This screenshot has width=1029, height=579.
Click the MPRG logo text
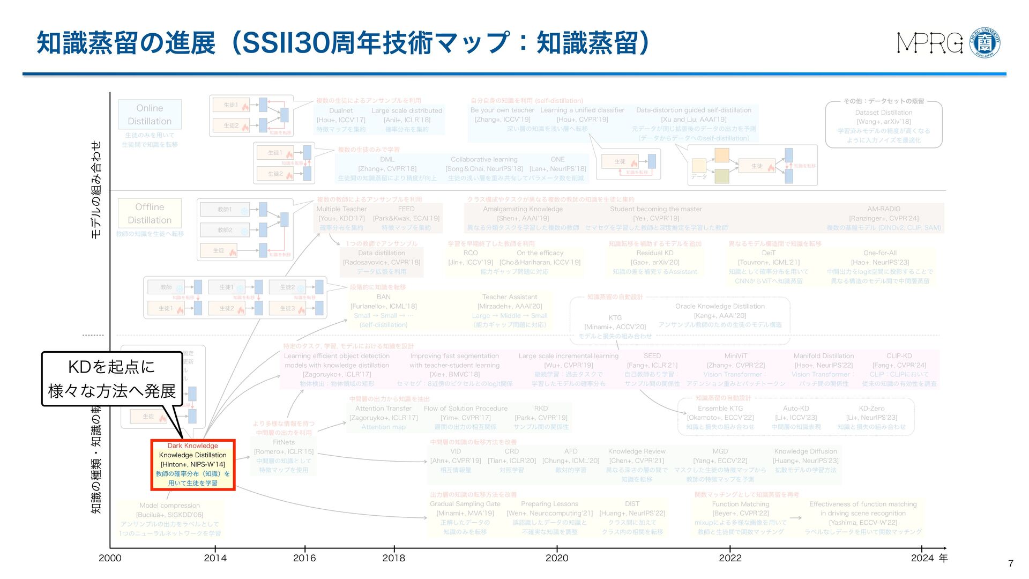coord(930,43)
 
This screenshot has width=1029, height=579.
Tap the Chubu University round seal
coord(985,43)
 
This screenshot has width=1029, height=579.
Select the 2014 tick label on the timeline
coord(215,558)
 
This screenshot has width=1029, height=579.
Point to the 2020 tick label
coord(557,558)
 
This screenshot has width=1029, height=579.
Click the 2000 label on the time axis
coord(110,558)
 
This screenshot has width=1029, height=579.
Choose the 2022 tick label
coord(730,558)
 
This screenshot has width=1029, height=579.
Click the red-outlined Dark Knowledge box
coord(193,464)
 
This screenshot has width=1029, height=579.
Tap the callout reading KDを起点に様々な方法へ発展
coord(112,378)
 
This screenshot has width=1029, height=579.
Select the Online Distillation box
coord(150,115)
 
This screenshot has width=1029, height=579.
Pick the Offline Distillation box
coord(150,213)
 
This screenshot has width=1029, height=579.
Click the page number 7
coord(1011,563)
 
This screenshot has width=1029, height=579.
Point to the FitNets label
coord(284,442)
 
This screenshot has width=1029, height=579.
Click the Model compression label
coord(169,506)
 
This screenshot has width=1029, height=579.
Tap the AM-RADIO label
coord(884,209)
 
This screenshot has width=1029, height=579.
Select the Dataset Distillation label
coord(883,113)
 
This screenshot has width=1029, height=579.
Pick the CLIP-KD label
coord(899,356)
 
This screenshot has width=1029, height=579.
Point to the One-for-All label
coord(879,253)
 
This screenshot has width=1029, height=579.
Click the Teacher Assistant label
coord(509,297)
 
